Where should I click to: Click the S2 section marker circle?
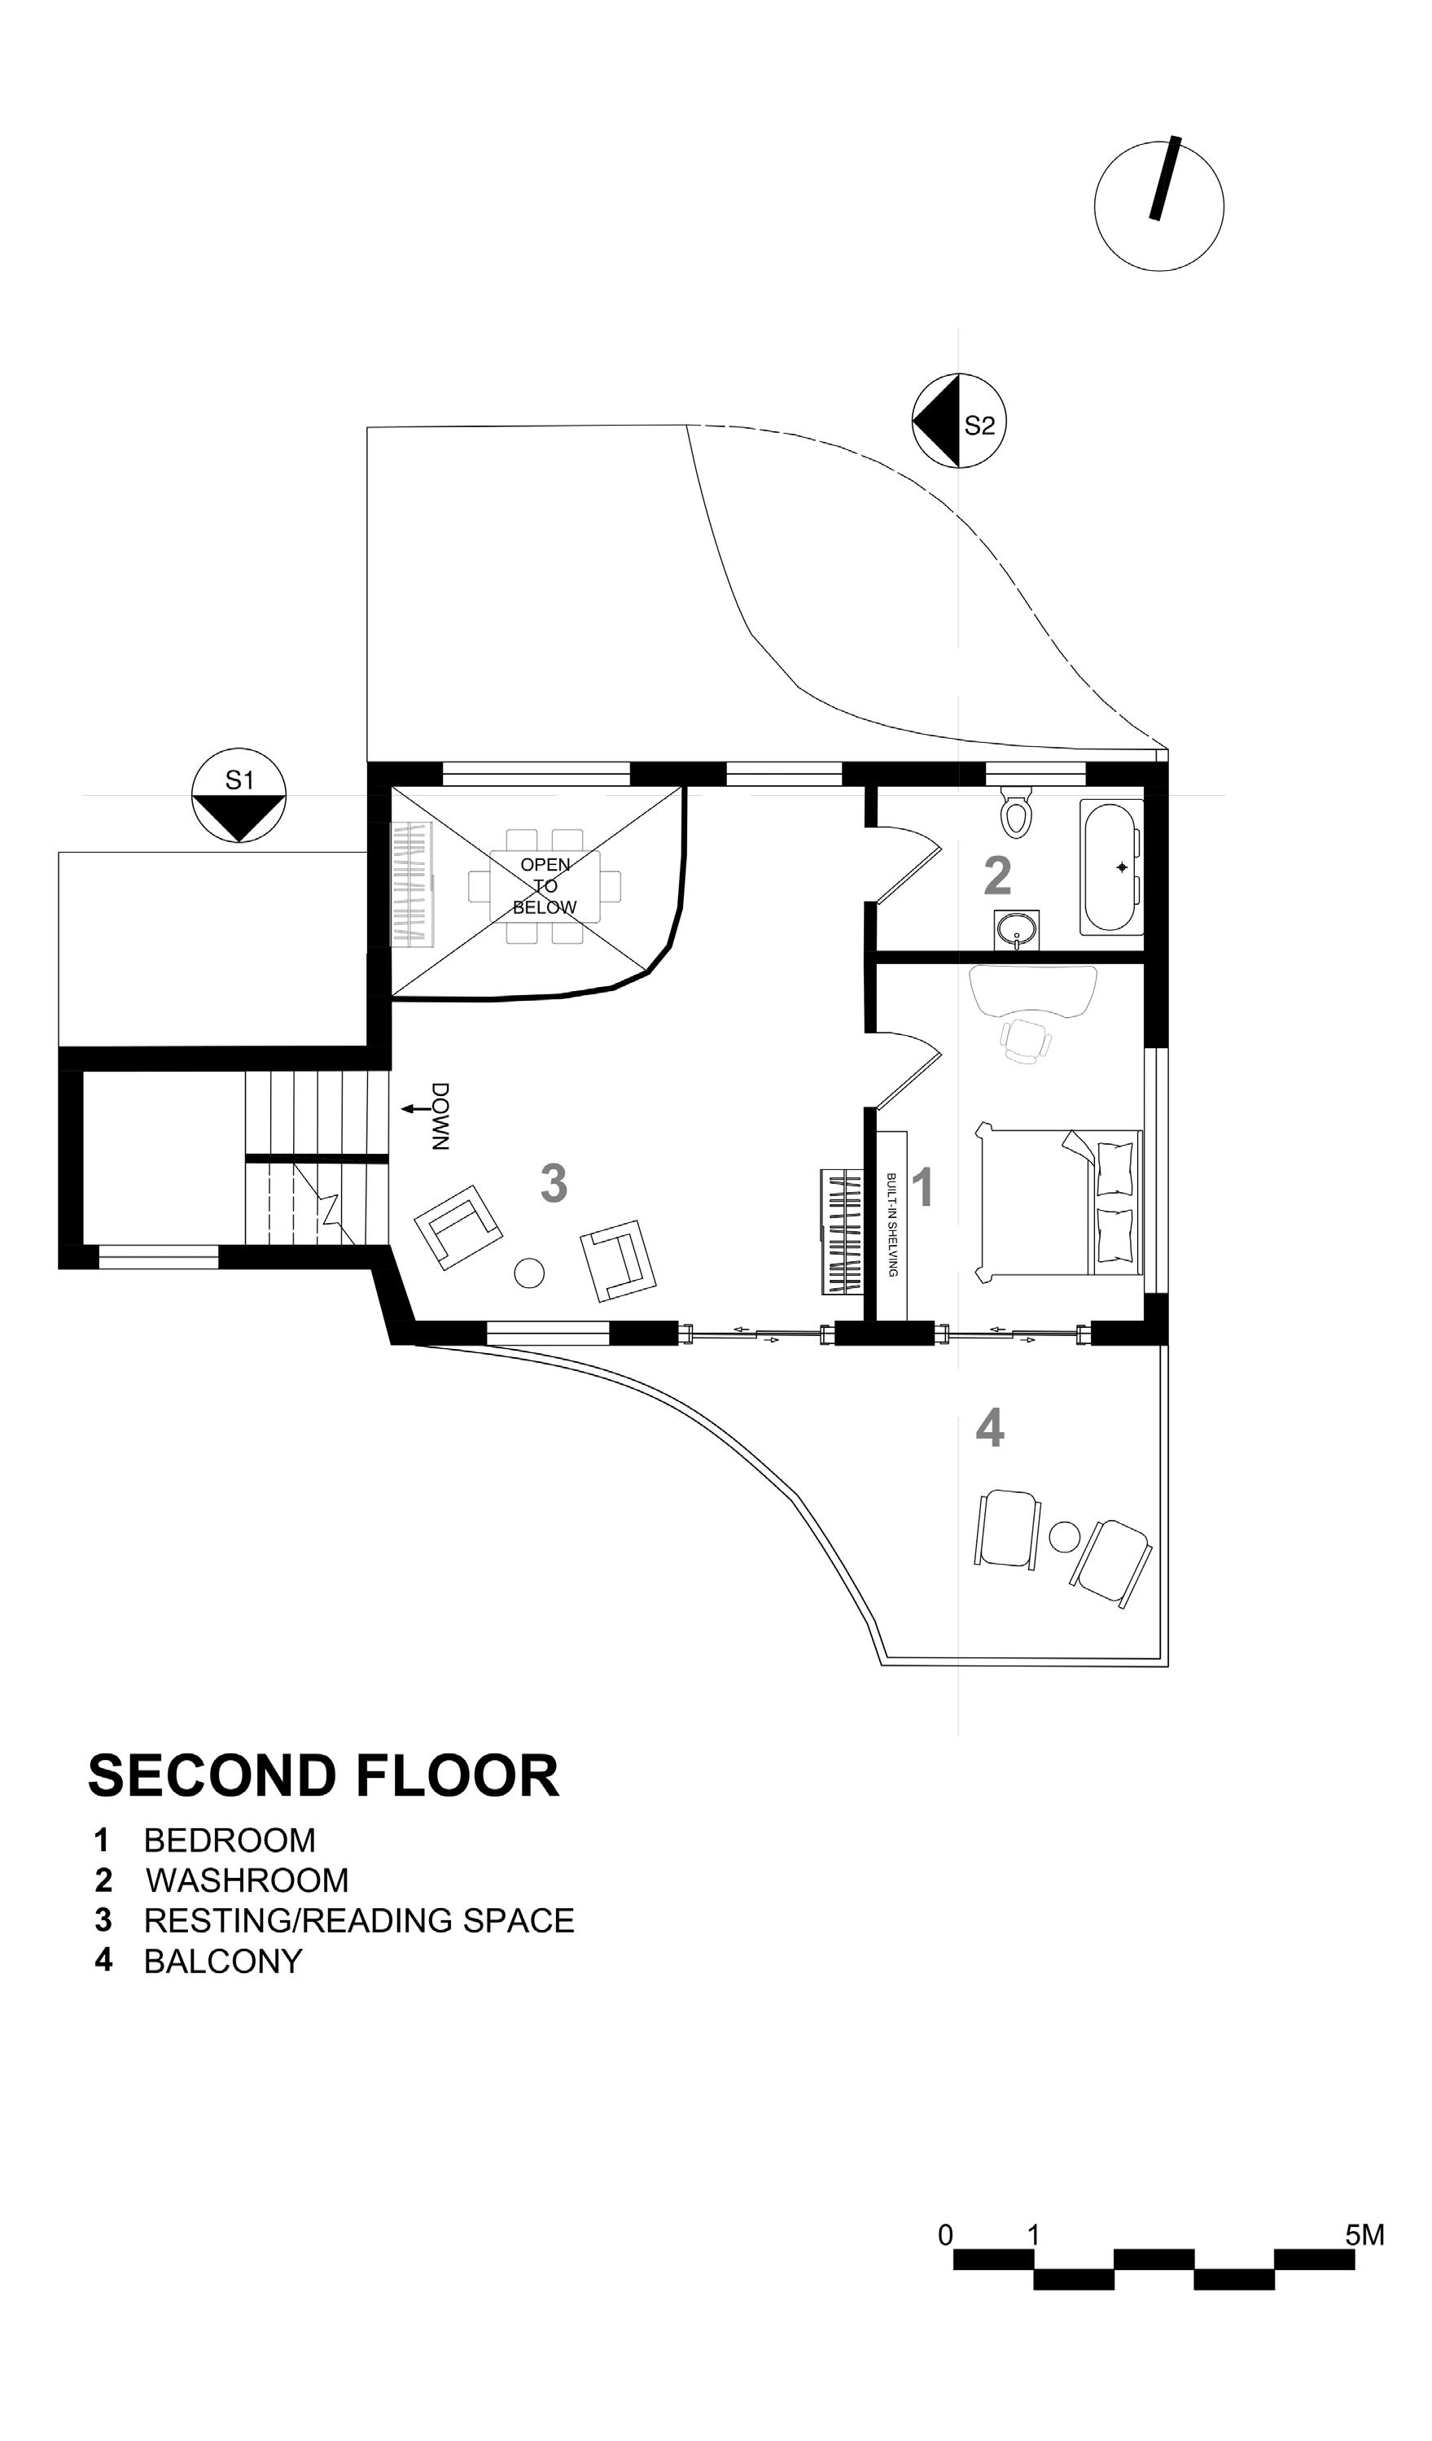959,421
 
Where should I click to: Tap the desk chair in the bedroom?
1025,1039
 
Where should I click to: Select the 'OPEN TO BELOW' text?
545,885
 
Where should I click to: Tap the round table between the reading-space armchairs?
529,1272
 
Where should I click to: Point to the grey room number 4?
989,1429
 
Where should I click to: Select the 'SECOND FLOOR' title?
324,1776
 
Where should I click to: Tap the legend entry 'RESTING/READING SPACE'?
358,1920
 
